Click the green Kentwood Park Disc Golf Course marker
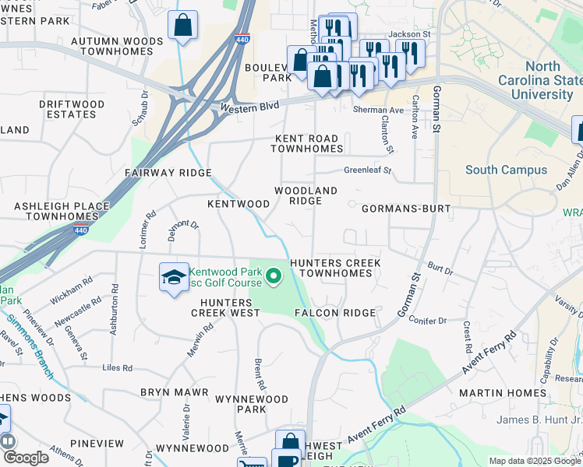273,276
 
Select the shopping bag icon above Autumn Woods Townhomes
182,26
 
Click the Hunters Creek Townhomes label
335,269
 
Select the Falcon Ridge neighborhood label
334,313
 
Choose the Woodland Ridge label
305,195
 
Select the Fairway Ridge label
168,173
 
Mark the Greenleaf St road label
367,170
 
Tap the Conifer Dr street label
428,319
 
